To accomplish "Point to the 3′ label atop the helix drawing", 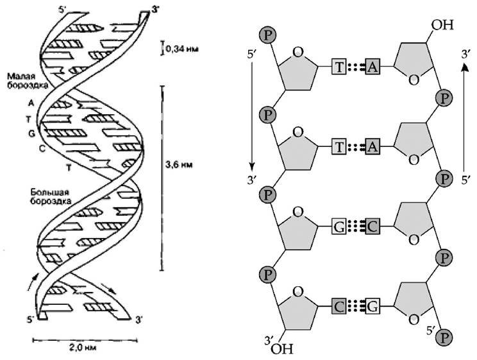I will [x=154, y=8].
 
